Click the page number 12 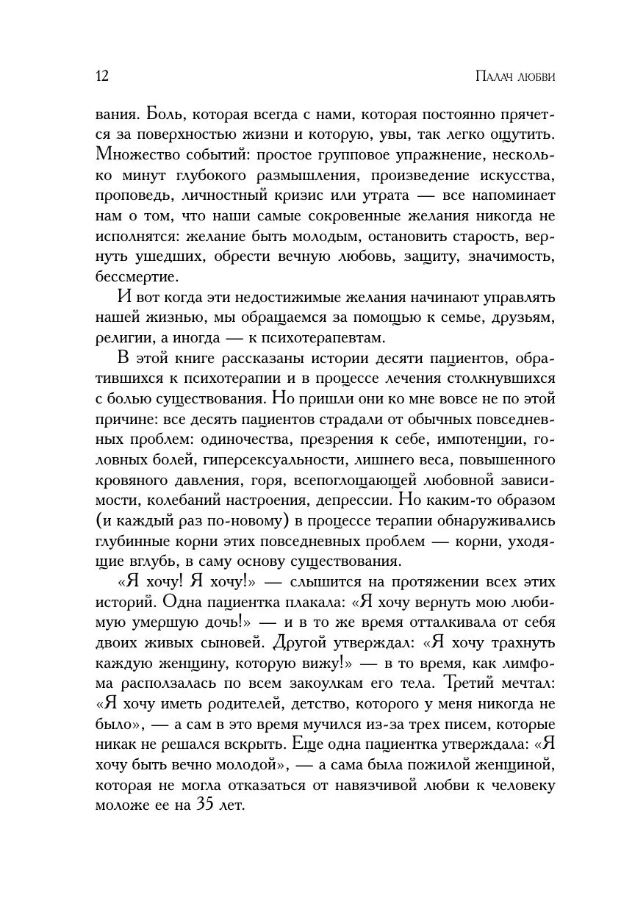tap(102, 76)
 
